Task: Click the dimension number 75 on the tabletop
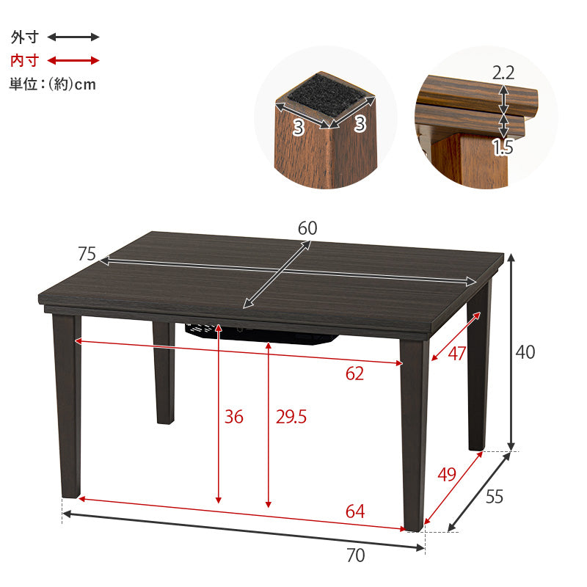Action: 87,253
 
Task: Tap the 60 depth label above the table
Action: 307,228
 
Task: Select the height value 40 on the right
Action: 525,352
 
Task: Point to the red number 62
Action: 354,373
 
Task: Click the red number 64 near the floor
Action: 355,511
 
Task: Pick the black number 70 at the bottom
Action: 356,555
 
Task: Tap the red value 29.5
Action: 291,417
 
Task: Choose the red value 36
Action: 233,417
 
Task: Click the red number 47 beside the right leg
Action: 456,354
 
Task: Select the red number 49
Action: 447,474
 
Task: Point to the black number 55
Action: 494,497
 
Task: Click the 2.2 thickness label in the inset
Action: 503,73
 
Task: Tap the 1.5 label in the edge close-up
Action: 503,147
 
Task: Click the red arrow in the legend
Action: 73,60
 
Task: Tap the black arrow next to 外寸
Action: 73,37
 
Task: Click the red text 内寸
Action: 25,60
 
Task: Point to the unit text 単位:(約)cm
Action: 53,84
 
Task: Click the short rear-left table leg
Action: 164,373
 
